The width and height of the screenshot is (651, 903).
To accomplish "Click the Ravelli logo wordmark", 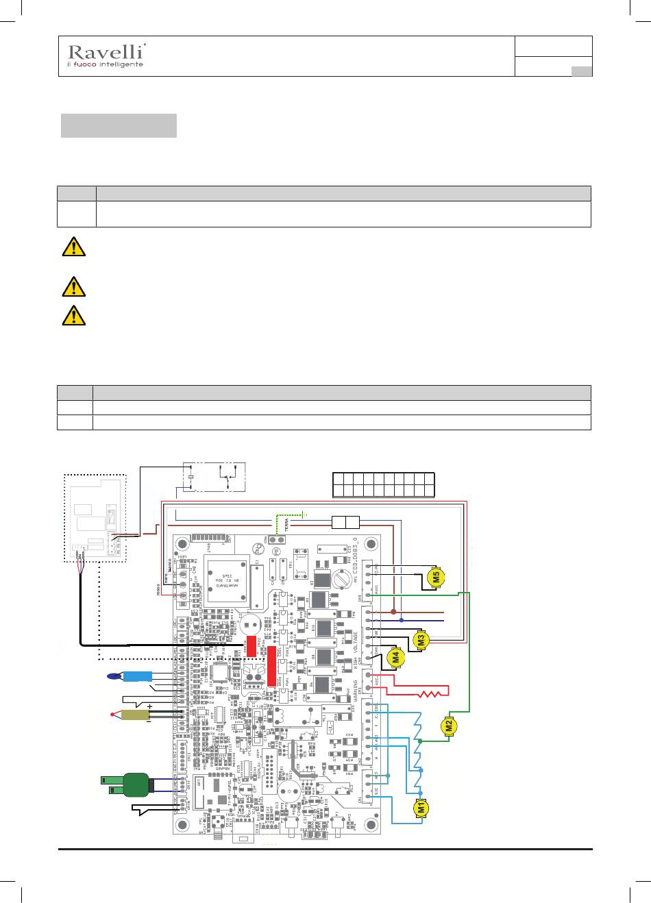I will point(106,51).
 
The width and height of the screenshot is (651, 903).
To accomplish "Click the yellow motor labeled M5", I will point(437,577).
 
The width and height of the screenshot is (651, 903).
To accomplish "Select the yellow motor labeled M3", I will point(422,640).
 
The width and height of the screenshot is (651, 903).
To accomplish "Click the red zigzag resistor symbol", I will point(434,694).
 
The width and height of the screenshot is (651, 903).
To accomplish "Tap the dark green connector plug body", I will point(136,784).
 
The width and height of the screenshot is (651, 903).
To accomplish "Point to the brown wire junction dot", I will point(393,612).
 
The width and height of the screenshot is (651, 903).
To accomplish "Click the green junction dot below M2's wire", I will point(421,741).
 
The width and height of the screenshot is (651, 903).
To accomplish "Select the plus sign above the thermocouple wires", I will point(149,705).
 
